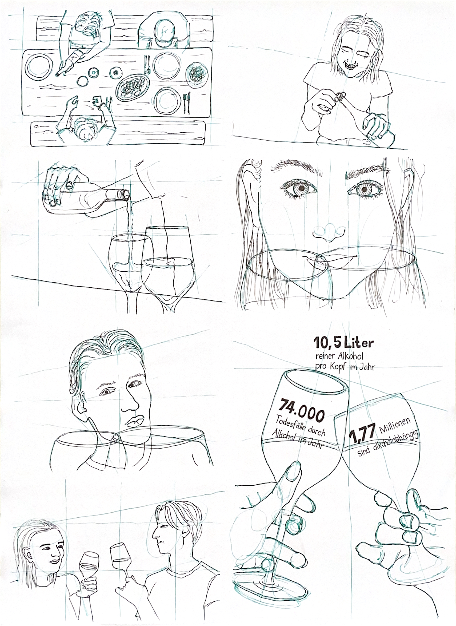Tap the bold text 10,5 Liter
(343, 343)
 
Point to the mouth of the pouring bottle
(126, 194)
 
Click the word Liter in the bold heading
(359, 343)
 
